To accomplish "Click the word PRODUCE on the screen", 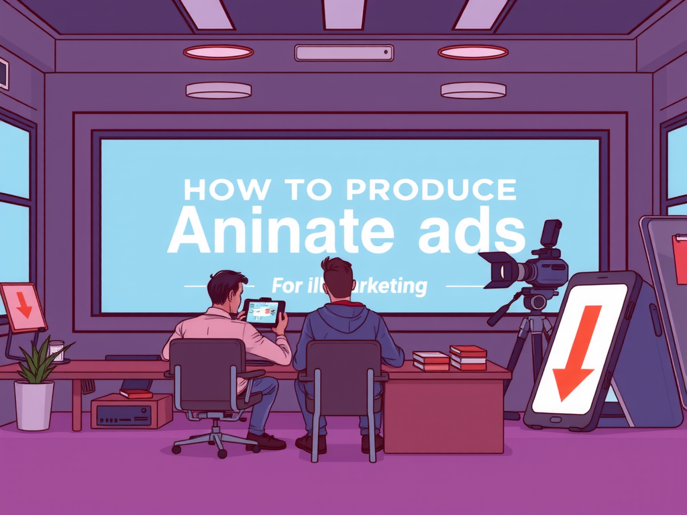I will click(x=431, y=190).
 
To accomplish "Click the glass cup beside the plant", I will click(x=56, y=351).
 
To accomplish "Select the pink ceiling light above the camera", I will click(x=473, y=52).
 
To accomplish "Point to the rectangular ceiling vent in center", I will click(x=343, y=53).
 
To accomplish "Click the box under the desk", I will click(x=131, y=410).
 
